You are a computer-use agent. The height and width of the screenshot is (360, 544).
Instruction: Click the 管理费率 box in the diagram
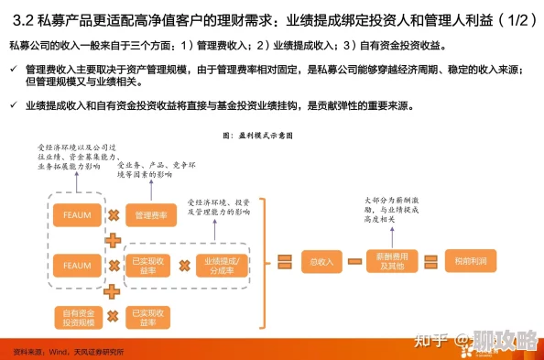tap(151, 215)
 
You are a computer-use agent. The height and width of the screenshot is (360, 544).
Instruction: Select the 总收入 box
tap(321, 262)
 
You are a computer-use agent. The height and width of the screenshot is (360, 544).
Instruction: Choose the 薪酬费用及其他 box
tap(392, 262)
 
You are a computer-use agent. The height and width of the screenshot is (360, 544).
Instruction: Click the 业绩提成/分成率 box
tap(221, 266)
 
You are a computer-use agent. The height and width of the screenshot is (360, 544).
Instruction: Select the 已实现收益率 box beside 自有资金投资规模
tap(151, 316)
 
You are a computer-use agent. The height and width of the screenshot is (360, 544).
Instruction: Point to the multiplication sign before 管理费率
tap(114, 215)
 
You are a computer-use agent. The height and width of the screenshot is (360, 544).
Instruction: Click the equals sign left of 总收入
tap(284, 262)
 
